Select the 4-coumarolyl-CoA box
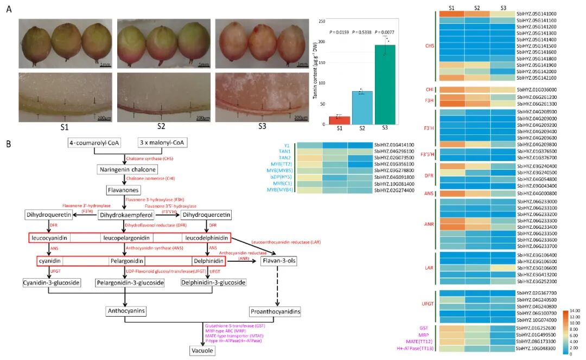point(94,143)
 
